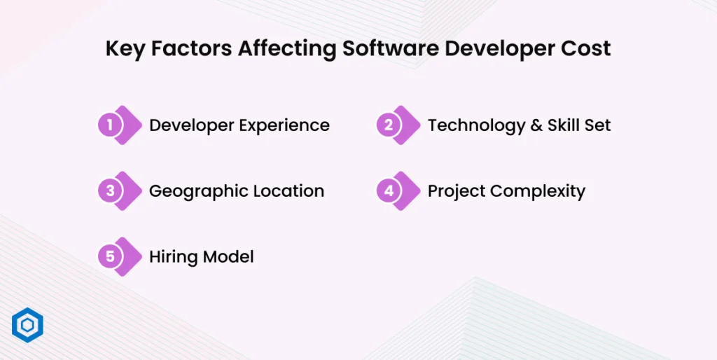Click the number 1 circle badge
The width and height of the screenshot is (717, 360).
(110, 125)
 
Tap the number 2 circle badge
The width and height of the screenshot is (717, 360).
(389, 125)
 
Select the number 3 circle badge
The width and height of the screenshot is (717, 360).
(110, 191)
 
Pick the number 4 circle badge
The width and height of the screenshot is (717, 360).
(389, 191)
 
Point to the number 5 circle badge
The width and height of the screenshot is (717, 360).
(110, 257)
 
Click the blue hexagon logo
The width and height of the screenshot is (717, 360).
(28, 326)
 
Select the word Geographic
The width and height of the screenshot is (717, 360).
(193, 191)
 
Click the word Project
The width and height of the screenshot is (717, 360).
(455, 192)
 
